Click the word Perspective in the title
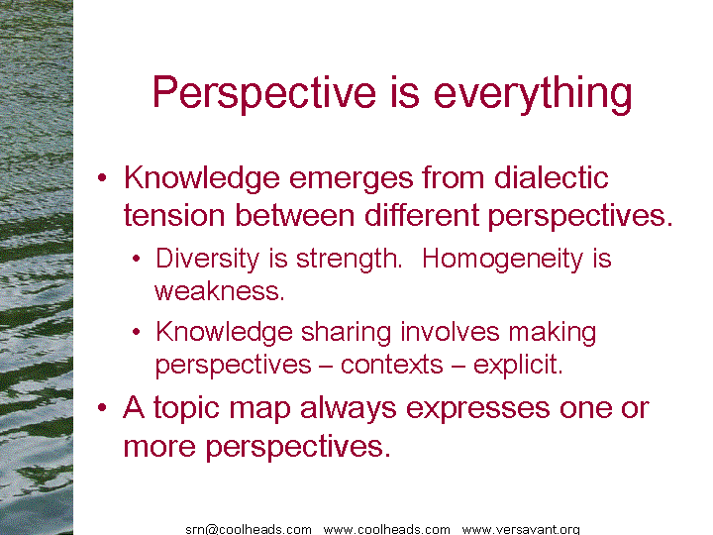(x=264, y=93)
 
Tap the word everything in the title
(x=533, y=93)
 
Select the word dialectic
(x=552, y=177)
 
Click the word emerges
(x=351, y=179)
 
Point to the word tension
(x=174, y=215)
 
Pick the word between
(x=294, y=215)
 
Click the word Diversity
(x=207, y=260)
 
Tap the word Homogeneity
(x=502, y=260)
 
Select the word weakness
(x=220, y=291)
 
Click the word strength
(x=350, y=260)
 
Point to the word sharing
(x=346, y=333)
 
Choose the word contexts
(x=391, y=365)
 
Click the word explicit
(x=518, y=365)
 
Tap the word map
(x=259, y=409)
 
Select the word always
(x=348, y=407)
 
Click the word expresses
(x=477, y=409)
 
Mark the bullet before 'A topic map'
(x=102, y=407)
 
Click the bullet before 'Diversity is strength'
(x=137, y=259)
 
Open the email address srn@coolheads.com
(x=249, y=529)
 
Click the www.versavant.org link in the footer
(x=521, y=529)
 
